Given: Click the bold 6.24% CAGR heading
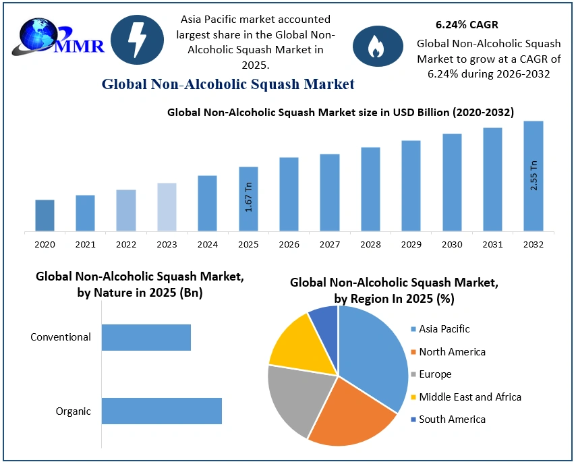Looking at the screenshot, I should (467, 25).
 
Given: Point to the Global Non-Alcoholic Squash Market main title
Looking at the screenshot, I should (228, 84).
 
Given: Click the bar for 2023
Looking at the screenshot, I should (167, 207).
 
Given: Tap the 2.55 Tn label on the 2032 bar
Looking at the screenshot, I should (534, 175).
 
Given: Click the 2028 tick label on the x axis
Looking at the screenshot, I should (370, 245).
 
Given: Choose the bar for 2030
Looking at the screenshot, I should (452, 182).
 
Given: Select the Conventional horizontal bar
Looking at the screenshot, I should (146, 337).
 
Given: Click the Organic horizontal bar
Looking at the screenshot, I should (162, 411).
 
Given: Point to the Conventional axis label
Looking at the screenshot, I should (61, 337).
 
